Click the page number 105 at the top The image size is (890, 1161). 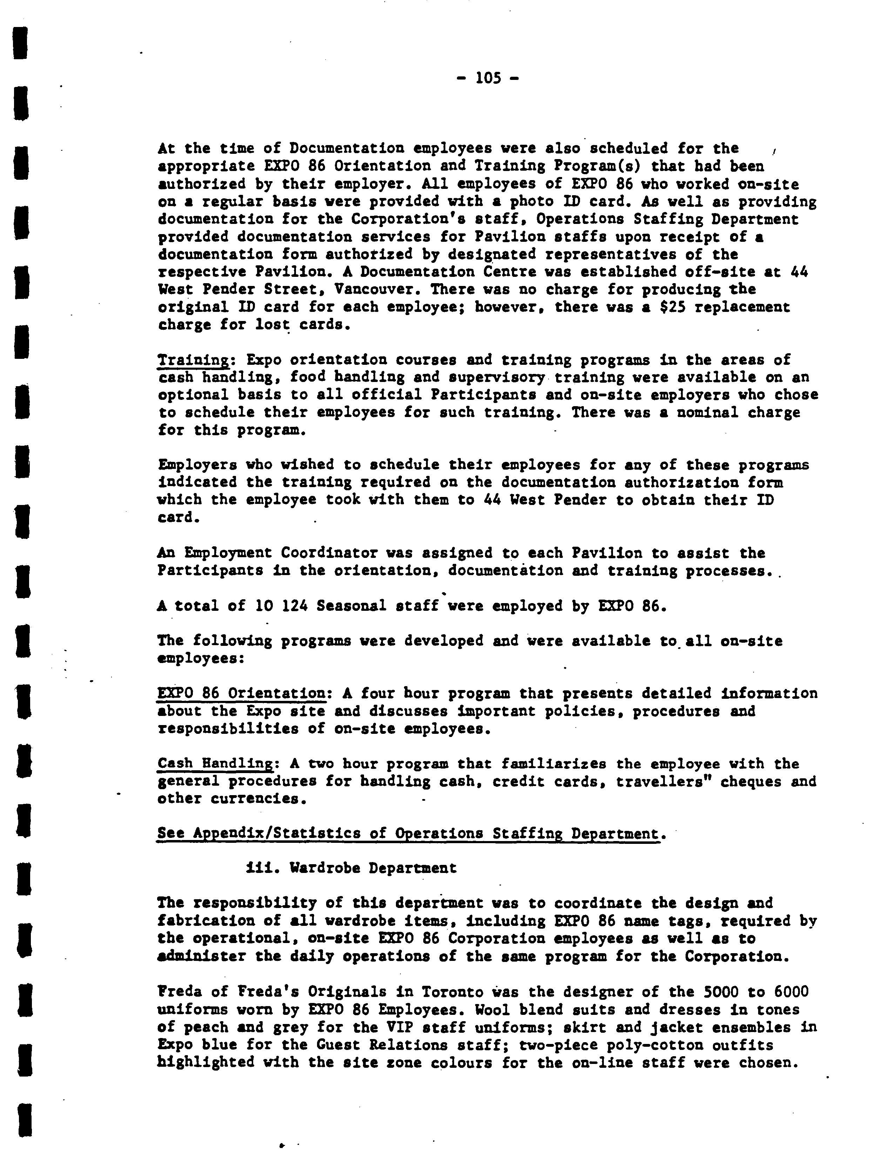point(487,78)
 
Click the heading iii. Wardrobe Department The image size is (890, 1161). point(351,868)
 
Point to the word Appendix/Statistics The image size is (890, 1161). point(277,834)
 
